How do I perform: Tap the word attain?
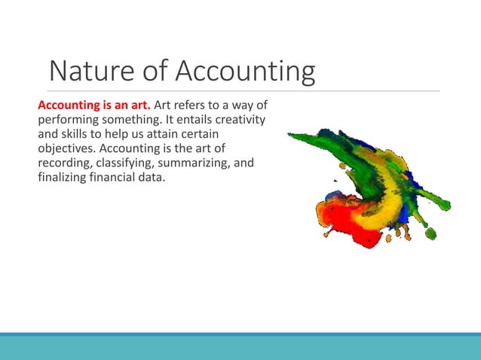[182, 133]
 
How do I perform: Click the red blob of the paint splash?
[347, 218]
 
